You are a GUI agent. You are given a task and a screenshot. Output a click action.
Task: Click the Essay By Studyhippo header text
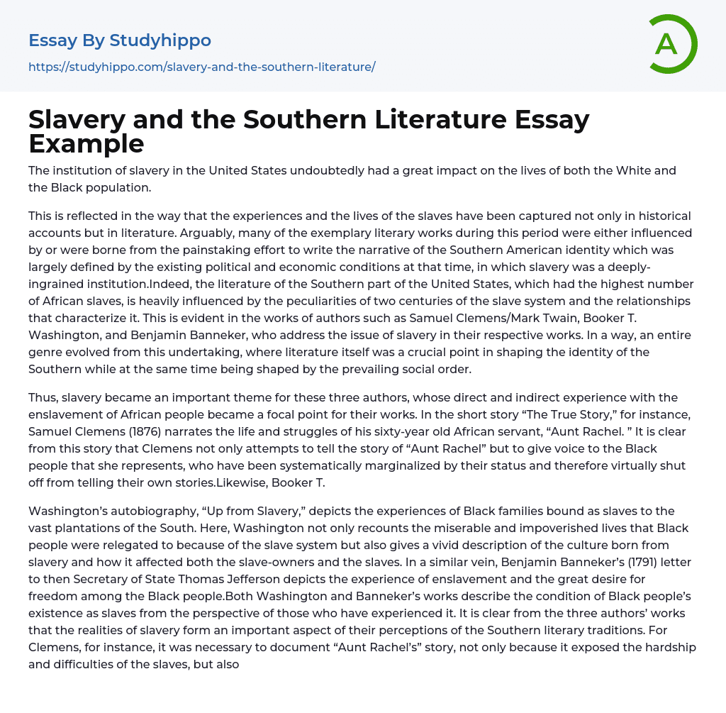coord(120,40)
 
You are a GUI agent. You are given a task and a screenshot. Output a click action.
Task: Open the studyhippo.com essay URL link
coord(201,67)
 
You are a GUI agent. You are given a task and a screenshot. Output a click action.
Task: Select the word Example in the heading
coord(86,143)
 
